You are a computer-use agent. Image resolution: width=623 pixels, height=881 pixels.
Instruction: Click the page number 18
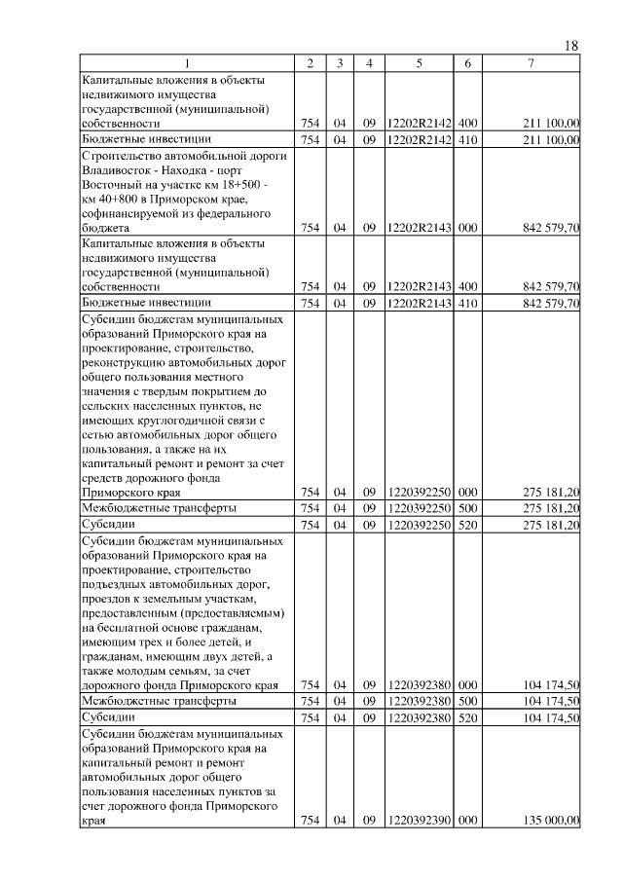[571, 47]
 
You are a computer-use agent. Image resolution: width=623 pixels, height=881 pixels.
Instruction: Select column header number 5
[418, 63]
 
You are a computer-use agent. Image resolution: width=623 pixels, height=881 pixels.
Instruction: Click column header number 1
[187, 63]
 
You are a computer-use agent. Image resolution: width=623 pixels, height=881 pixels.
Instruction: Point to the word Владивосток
[120, 171]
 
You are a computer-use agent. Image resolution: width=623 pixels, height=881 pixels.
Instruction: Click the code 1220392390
[418, 821]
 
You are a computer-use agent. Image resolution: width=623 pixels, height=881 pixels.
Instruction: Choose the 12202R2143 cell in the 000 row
[418, 228]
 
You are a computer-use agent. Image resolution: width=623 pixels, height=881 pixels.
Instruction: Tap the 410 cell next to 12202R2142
[467, 139]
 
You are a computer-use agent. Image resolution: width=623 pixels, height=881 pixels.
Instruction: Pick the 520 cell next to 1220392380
[467, 717]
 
